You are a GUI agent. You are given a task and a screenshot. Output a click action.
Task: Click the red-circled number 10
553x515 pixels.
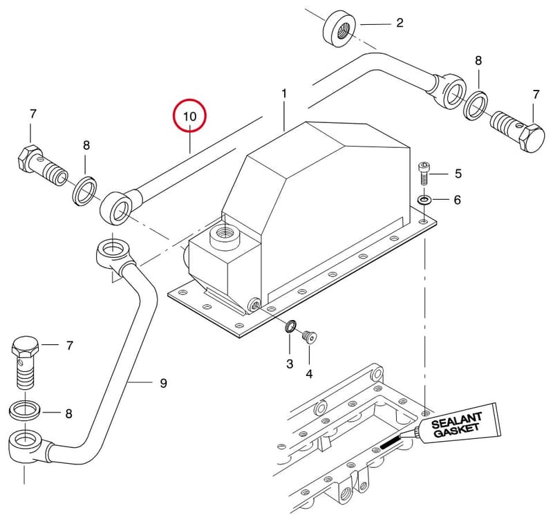(x=189, y=115)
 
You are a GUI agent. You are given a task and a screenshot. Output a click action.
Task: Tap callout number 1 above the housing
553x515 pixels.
(x=284, y=94)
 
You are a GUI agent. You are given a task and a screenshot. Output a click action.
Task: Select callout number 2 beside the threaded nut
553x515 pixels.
(x=400, y=23)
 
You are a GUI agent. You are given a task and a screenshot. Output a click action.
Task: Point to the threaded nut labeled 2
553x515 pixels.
(x=339, y=28)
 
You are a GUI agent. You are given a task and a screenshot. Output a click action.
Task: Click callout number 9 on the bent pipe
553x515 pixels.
(x=163, y=383)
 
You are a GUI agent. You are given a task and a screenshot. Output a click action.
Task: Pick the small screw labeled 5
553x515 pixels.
(x=423, y=173)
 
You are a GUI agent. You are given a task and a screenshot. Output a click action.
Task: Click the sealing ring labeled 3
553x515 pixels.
(x=290, y=326)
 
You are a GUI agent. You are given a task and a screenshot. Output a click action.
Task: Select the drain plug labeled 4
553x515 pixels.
(x=310, y=336)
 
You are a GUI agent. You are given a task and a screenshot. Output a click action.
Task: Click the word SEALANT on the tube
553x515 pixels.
(x=456, y=420)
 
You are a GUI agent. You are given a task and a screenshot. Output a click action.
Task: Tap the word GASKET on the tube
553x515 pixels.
(x=457, y=430)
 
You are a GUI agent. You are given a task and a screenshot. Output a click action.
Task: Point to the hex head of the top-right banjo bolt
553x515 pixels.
(x=533, y=138)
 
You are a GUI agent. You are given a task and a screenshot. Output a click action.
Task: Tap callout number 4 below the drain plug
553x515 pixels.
(x=309, y=373)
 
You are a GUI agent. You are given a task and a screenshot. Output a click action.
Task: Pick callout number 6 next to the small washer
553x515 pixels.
(x=457, y=200)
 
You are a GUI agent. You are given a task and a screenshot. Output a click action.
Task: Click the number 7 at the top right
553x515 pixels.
(x=536, y=95)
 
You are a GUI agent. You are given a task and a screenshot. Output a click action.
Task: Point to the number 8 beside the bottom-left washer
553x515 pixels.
(x=68, y=413)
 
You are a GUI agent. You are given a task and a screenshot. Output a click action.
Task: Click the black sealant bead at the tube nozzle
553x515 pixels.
(x=391, y=442)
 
